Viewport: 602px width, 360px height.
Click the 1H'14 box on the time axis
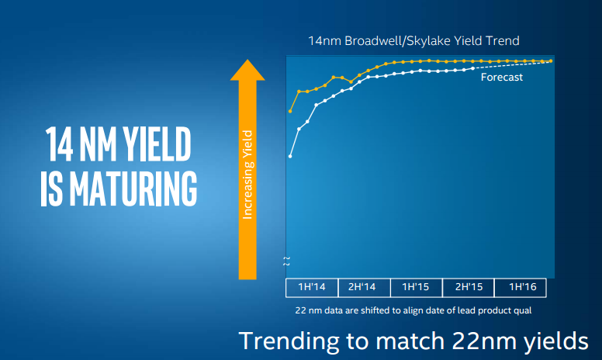point(312,287)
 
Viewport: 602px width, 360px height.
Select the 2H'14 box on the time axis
point(364,287)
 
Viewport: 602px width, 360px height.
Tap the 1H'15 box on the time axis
point(416,287)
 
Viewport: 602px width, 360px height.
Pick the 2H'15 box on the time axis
point(468,287)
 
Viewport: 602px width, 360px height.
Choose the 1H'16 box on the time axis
point(520,287)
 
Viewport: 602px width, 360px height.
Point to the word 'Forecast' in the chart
point(502,78)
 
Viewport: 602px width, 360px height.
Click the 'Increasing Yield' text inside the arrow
point(248,175)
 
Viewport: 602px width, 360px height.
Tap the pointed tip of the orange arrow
point(248,62)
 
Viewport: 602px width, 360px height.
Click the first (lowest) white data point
point(290,156)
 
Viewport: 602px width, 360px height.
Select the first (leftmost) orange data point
point(290,111)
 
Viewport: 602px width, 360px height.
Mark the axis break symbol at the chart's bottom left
point(286,261)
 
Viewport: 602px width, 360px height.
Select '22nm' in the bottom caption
point(472,340)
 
